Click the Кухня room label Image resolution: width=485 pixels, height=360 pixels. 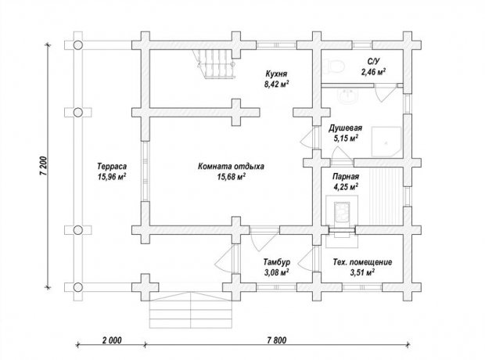point(276,74)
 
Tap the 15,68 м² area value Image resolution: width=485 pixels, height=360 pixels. point(232,177)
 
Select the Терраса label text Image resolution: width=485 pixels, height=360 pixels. point(112,167)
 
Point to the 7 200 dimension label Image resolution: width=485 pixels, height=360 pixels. point(44,167)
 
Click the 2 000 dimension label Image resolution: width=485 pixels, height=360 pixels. point(112,340)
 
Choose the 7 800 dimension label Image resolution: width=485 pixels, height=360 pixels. point(276,340)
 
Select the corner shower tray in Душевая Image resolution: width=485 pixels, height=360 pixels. point(386,142)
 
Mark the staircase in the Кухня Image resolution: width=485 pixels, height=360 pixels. point(214,64)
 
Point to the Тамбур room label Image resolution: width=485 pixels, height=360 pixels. point(277,262)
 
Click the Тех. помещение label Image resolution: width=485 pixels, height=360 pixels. point(362,262)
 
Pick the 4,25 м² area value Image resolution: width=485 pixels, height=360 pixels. point(346,187)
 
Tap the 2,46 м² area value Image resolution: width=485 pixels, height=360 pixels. point(373,72)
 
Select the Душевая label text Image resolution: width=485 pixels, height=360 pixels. point(345,128)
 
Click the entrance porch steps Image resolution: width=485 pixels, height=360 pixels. point(191,311)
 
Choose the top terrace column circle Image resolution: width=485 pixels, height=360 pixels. point(78,45)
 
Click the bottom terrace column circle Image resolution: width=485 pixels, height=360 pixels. point(78,287)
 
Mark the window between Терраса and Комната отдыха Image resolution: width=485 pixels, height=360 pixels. point(145,171)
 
